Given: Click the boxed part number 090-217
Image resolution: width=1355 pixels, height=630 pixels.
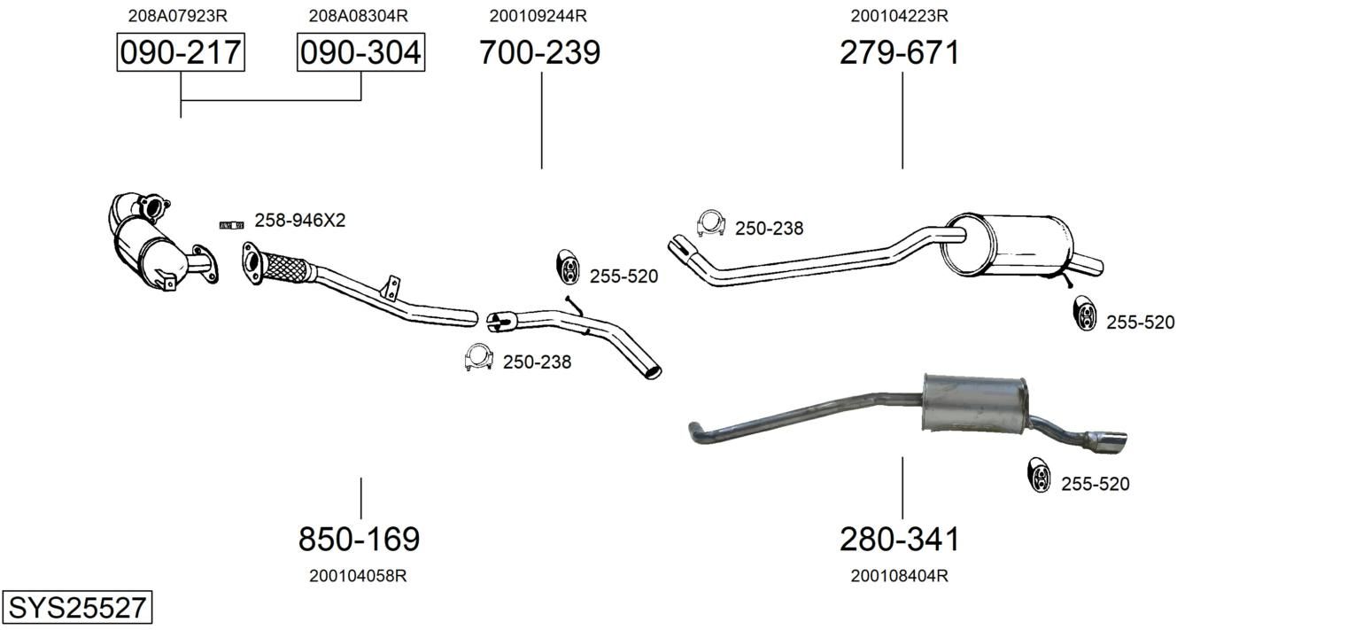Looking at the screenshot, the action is [x=181, y=52].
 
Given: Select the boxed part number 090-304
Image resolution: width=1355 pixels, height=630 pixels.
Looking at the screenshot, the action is [x=360, y=52].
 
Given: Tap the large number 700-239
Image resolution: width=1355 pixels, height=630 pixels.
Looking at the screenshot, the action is [x=540, y=52].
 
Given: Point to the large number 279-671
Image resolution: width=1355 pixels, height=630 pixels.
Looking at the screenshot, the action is [x=900, y=52].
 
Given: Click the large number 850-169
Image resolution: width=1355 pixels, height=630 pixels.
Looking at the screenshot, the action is [x=360, y=539].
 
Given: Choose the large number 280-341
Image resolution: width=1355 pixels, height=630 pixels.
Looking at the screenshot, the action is [x=900, y=539].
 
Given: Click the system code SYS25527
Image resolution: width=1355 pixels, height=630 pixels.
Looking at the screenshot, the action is [x=77, y=607].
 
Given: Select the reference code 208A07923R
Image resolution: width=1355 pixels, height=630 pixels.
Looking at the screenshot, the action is [x=178, y=16].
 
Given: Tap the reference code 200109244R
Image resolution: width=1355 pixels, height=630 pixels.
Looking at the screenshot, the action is [x=538, y=16].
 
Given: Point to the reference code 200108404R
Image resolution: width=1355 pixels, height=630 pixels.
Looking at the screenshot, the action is [x=900, y=576].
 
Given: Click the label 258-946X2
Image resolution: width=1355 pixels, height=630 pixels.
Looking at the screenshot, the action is [x=300, y=221].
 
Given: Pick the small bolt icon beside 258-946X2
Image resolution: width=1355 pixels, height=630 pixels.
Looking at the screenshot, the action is [x=232, y=225].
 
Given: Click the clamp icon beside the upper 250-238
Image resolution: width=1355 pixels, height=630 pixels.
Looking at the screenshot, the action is [x=711, y=224].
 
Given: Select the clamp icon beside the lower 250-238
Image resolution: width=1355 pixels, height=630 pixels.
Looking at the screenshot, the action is [x=478, y=357].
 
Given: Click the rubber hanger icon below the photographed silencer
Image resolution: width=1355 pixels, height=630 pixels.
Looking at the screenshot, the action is [x=1039, y=475].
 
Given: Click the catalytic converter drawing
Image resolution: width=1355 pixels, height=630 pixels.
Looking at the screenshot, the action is [x=160, y=242].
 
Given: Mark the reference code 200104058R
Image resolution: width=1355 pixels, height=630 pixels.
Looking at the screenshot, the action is [x=358, y=576].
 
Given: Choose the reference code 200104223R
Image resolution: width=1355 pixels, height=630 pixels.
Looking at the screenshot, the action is [x=900, y=16].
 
